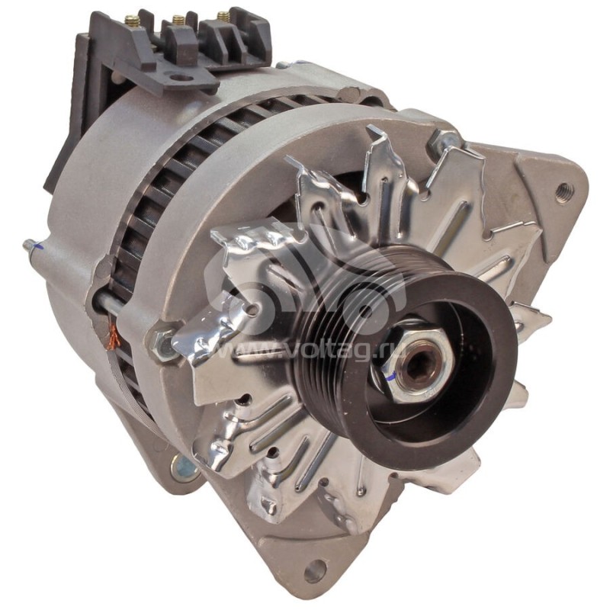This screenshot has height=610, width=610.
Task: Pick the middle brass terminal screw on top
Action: (x=178, y=19)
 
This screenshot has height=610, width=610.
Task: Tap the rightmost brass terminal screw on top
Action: (x=223, y=15)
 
